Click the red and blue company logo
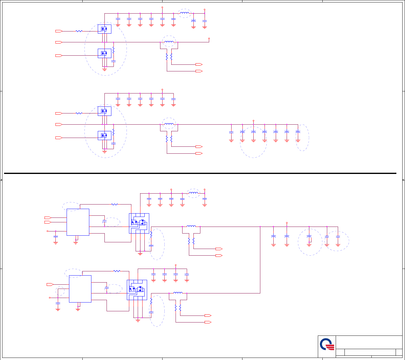(x=327, y=345)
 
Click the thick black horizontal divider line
(x=200, y=173)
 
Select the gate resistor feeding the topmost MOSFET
(x=79, y=31)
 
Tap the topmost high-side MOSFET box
(x=104, y=29)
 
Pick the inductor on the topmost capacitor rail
(x=184, y=13)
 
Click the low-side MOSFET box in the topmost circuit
(x=104, y=54)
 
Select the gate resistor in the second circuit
(x=79, y=113)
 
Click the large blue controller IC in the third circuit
(x=78, y=222)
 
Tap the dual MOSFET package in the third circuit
(x=139, y=223)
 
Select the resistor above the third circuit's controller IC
(x=114, y=205)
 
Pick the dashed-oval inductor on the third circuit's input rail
(x=193, y=193)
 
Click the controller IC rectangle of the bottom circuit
(x=80, y=289)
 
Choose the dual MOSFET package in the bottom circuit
(x=137, y=290)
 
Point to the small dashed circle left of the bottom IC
(x=60, y=291)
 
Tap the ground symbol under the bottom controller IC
(x=78, y=309)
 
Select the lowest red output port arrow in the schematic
(x=208, y=322)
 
